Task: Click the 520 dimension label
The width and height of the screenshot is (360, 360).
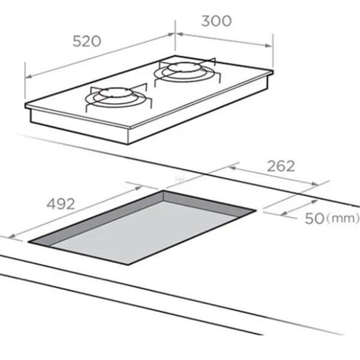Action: coord(87,41)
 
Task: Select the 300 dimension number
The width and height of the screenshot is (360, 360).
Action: coord(217,21)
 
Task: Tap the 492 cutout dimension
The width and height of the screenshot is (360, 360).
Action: coord(61,203)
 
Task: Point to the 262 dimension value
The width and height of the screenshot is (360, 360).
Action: coord(281,166)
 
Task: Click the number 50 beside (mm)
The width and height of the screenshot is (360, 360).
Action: coord(314,218)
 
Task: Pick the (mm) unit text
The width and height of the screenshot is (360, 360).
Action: coord(343,218)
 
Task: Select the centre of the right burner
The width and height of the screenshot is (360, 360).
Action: coord(185,67)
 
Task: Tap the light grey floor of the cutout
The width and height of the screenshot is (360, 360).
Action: coord(142,232)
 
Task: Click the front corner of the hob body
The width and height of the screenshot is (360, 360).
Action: coord(128,144)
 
